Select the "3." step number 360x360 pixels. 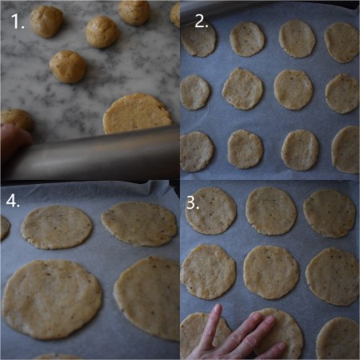click(x=193, y=202)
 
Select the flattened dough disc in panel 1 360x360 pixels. click(x=138, y=114)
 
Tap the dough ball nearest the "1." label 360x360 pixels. click(x=46, y=22)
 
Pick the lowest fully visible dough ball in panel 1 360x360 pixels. click(x=68, y=66)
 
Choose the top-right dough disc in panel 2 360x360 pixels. click(x=342, y=42)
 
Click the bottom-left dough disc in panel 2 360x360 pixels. click(x=196, y=151)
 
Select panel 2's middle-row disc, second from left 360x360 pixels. click(x=242, y=88)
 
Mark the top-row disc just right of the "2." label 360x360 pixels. click(x=247, y=38)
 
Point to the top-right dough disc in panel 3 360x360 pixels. click(x=329, y=213)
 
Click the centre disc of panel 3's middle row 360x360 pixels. click(x=270, y=271)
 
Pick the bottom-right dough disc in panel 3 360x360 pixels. click(x=337, y=338)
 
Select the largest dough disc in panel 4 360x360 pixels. click(x=51, y=298)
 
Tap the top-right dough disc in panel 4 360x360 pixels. click(x=140, y=222)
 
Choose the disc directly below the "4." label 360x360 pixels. click(x=56, y=227)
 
